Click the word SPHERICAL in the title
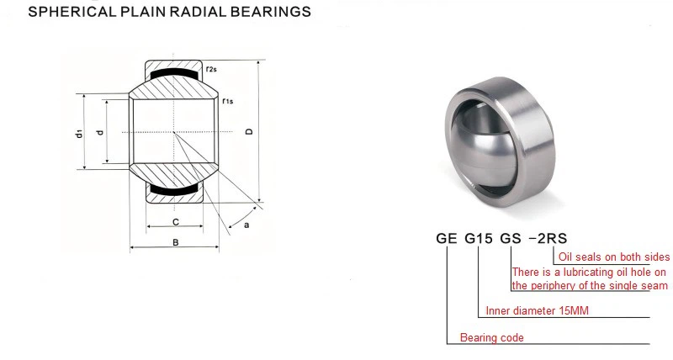point(64,13)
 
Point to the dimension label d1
point(77,133)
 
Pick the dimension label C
point(175,223)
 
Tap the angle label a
point(246,225)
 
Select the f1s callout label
point(227,102)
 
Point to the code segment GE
point(446,237)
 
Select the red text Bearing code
point(491,338)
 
